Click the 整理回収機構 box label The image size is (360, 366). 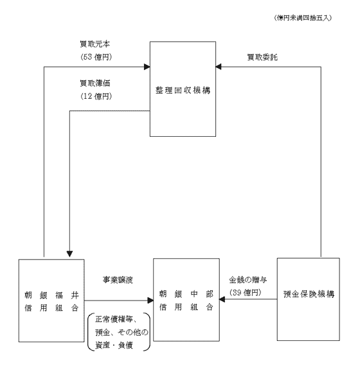click(x=183, y=91)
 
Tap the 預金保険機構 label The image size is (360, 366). click(x=309, y=294)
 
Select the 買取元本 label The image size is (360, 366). click(x=94, y=44)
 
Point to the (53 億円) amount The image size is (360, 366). click(x=96, y=57)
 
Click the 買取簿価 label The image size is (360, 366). click(x=95, y=83)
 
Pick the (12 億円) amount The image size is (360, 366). click(x=96, y=96)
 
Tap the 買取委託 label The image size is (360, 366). click(x=262, y=57)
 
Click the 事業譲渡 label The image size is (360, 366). click(x=118, y=279)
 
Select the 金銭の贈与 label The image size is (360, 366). click(x=248, y=279)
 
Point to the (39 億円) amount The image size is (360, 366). click(x=245, y=292)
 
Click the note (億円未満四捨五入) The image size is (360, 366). click(x=303, y=18)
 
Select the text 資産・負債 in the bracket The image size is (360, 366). click(x=114, y=345)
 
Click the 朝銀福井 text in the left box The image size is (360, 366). click(x=51, y=295)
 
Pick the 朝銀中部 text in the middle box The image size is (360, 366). click(x=186, y=294)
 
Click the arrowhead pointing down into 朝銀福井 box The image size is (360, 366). click(x=69, y=254)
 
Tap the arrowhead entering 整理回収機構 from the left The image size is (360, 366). click(x=147, y=67)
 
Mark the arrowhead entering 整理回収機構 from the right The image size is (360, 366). click(x=219, y=67)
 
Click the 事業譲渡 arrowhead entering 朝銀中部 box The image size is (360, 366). click(x=150, y=301)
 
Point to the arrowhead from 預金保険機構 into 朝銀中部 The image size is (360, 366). click(x=222, y=299)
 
